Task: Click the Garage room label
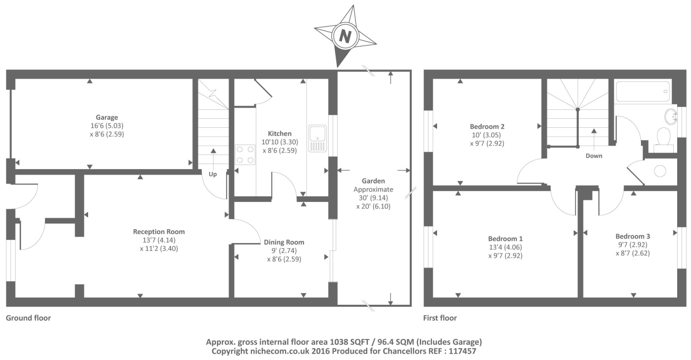[x=107, y=117]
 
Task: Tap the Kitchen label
[x=279, y=134]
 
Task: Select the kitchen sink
[x=317, y=138]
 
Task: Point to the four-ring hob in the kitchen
[x=245, y=155]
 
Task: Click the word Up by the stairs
[x=212, y=174]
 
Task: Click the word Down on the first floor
[x=594, y=156]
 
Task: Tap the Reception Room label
[x=158, y=232]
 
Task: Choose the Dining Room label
[x=284, y=242]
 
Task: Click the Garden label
[x=373, y=181]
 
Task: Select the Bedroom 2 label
[x=487, y=126]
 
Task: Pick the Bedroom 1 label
[x=505, y=239]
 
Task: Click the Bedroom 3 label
[x=632, y=236]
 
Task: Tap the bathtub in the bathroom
[x=643, y=91]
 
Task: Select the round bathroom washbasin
[x=671, y=116]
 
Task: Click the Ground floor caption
[x=28, y=318]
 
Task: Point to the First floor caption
[x=440, y=318]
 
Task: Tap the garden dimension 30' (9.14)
[x=373, y=198]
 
